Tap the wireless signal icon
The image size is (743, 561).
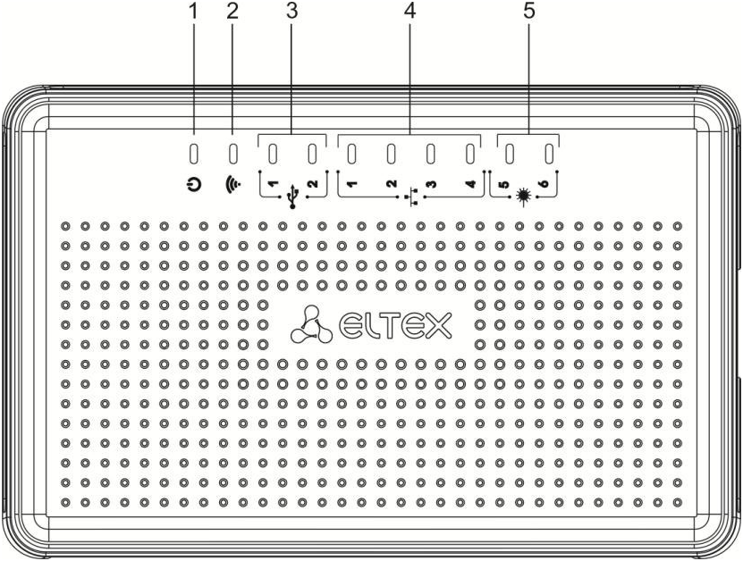tap(234, 188)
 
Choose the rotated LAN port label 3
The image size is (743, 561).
tap(431, 184)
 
